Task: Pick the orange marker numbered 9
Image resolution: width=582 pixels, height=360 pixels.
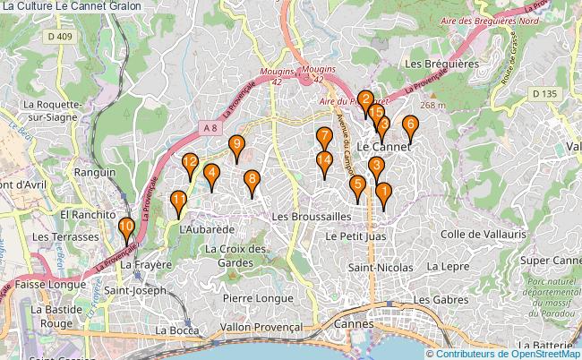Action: [236, 145]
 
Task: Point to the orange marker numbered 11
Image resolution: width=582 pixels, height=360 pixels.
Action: [179, 201]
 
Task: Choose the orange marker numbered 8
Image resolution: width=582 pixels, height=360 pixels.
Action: [252, 180]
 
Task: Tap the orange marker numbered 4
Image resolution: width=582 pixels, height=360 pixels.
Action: [211, 175]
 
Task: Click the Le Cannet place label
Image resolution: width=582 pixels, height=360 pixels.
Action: [383, 145]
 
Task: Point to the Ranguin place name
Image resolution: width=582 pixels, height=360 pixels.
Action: [94, 172]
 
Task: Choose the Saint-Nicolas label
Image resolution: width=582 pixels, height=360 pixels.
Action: [381, 267]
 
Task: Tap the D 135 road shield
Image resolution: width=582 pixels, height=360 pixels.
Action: [543, 93]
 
